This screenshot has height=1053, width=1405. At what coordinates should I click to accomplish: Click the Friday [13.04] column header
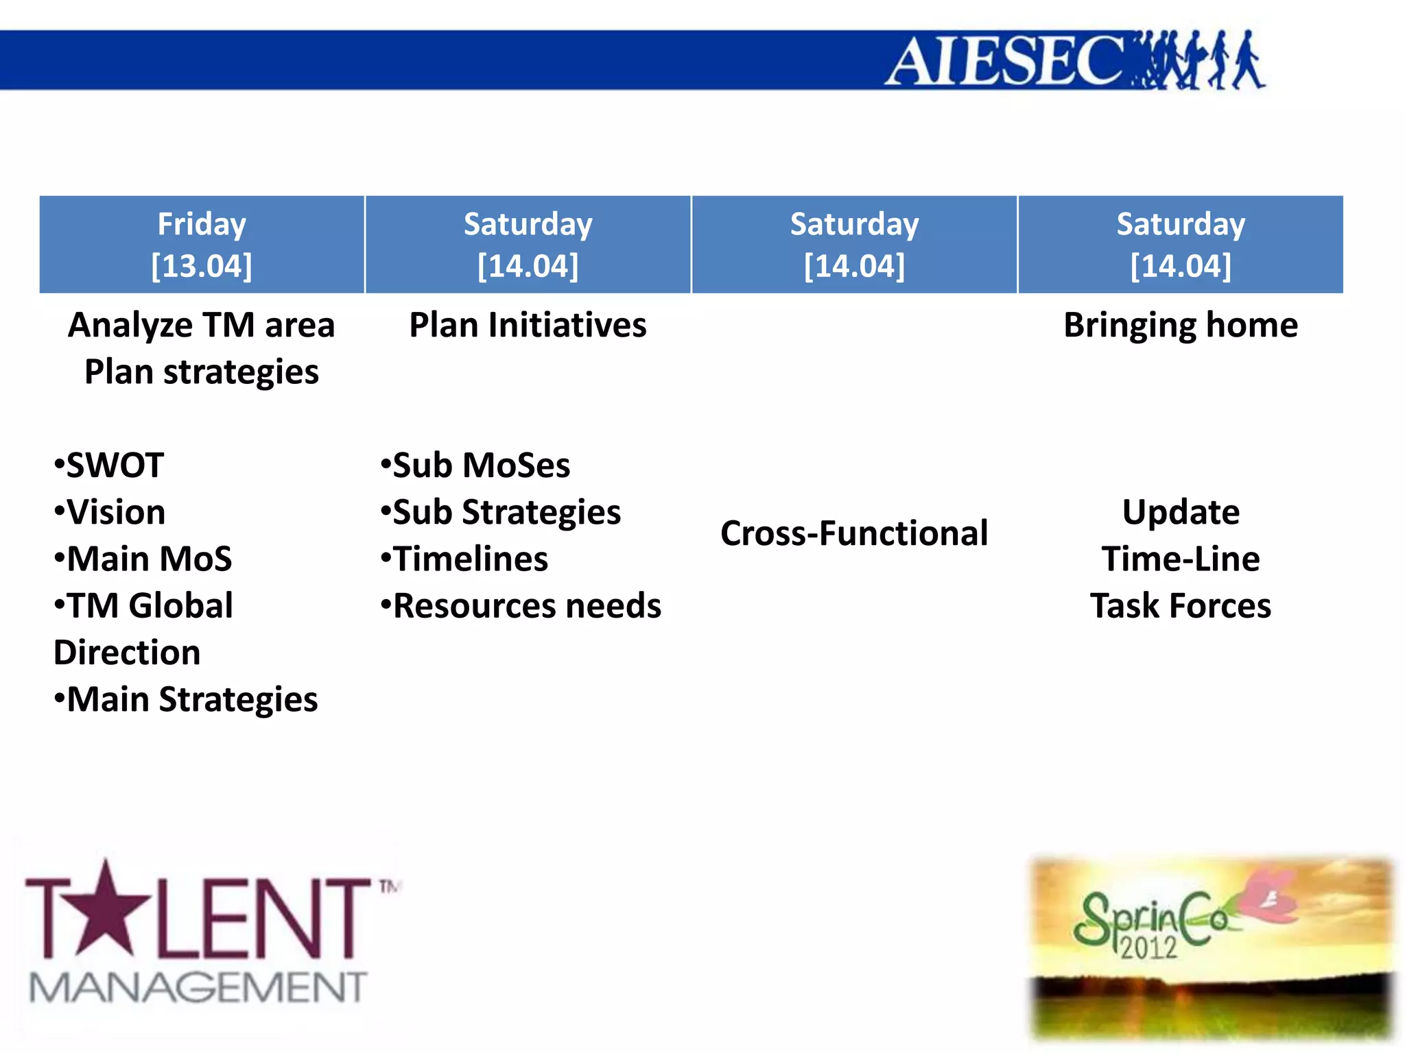click(202, 245)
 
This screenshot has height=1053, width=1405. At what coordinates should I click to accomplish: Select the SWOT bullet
click(110, 465)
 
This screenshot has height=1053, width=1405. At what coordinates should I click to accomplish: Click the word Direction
click(127, 653)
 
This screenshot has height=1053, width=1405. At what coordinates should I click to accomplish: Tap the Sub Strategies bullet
click(501, 513)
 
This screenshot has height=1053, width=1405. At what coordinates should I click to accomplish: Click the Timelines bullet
click(465, 559)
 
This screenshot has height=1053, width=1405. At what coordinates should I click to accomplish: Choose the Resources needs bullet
click(521, 606)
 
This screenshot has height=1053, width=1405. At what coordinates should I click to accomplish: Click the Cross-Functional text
click(854, 533)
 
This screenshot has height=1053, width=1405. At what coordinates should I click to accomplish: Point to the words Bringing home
click(1180, 325)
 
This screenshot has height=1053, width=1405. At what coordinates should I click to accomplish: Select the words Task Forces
click(1180, 606)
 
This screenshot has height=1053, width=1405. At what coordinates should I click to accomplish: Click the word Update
click(1180, 513)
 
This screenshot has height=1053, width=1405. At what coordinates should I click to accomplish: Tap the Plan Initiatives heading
click(528, 325)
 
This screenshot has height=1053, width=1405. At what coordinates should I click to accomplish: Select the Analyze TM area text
click(202, 325)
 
